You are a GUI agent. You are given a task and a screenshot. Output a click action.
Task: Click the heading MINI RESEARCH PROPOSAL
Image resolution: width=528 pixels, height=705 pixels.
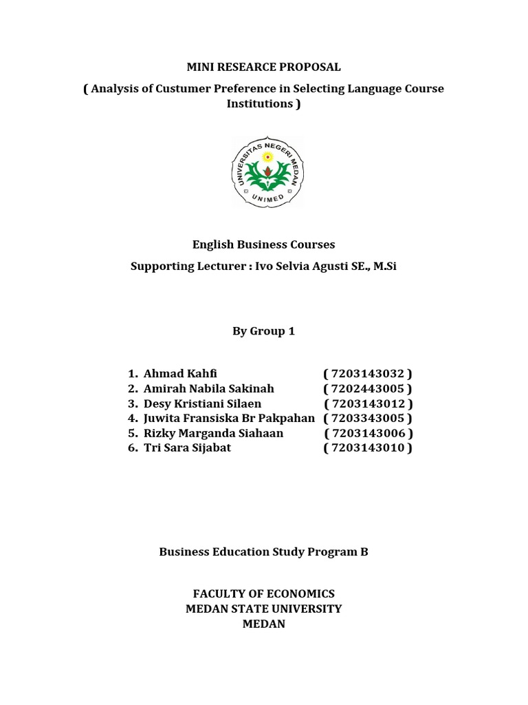coord(264,67)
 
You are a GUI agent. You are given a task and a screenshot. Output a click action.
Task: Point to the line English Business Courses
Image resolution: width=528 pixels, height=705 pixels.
coord(264,244)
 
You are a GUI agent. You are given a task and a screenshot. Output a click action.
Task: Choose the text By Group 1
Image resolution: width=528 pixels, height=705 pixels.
coord(263,331)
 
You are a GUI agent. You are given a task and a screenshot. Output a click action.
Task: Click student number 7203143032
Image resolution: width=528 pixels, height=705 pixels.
coord(368,374)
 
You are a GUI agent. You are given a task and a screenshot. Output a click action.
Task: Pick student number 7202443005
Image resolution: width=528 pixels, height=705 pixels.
coord(368,389)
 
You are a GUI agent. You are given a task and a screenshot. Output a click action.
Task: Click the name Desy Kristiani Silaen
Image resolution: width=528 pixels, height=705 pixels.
coord(202,403)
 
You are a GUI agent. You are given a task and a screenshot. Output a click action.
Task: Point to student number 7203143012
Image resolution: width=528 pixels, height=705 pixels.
coord(368,403)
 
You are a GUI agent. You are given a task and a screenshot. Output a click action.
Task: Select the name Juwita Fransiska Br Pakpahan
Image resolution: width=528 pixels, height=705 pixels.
coord(229,418)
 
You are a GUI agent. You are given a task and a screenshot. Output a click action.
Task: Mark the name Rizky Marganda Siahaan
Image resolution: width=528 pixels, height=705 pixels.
coord(213,433)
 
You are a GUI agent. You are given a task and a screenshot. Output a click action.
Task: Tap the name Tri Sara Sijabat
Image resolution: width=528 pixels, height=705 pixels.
coord(187,448)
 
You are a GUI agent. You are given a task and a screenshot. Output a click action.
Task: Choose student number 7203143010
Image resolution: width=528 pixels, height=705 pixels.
coord(368,448)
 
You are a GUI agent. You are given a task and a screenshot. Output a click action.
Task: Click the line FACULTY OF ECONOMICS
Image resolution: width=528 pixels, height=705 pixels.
coord(264,593)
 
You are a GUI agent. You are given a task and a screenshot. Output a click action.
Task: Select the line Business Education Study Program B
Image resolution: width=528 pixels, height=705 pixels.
coord(264,551)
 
